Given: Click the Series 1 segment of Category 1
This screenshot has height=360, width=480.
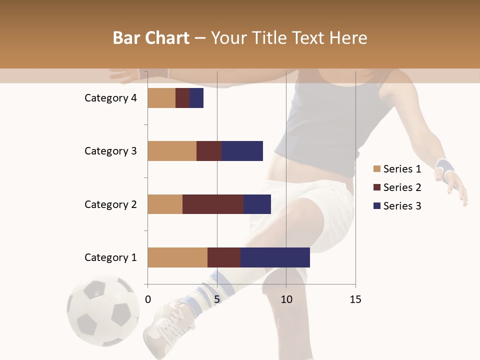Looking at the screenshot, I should pyautogui.click(x=177, y=257).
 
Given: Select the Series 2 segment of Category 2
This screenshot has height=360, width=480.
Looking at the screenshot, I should pyautogui.click(x=213, y=204).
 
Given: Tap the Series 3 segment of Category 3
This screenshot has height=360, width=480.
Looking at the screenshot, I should pyautogui.click(x=242, y=151).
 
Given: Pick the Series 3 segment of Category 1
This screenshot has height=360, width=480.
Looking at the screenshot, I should pyautogui.click(x=275, y=257).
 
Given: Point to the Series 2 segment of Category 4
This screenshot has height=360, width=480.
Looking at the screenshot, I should pyautogui.click(x=182, y=98).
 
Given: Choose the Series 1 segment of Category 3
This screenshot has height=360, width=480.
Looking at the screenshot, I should pyautogui.click(x=172, y=151).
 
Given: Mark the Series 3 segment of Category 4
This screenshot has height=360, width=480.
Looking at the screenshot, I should pyautogui.click(x=196, y=98).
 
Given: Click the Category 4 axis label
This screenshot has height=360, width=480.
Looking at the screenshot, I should pyautogui.click(x=110, y=98).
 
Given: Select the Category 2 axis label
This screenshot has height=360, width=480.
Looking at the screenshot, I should pyautogui.click(x=110, y=204).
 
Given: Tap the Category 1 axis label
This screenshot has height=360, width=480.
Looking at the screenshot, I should pyautogui.click(x=110, y=257).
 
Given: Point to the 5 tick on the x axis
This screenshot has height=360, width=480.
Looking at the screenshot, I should pyautogui.click(x=217, y=299).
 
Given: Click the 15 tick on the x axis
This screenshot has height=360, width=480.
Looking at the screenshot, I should pyautogui.click(x=355, y=299).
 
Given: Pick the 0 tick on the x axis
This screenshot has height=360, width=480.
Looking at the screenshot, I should pyautogui.click(x=148, y=299).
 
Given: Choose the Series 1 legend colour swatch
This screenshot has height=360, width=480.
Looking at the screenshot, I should pyautogui.click(x=376, y=169).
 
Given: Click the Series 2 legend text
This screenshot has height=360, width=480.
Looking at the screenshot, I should pyautogui.click(x=402, y=187).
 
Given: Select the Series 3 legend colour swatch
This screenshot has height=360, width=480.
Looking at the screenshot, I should pyautogui.click(x=376, y=206).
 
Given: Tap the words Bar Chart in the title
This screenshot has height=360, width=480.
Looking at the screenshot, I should pyautogui.click(x=151, y=38).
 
